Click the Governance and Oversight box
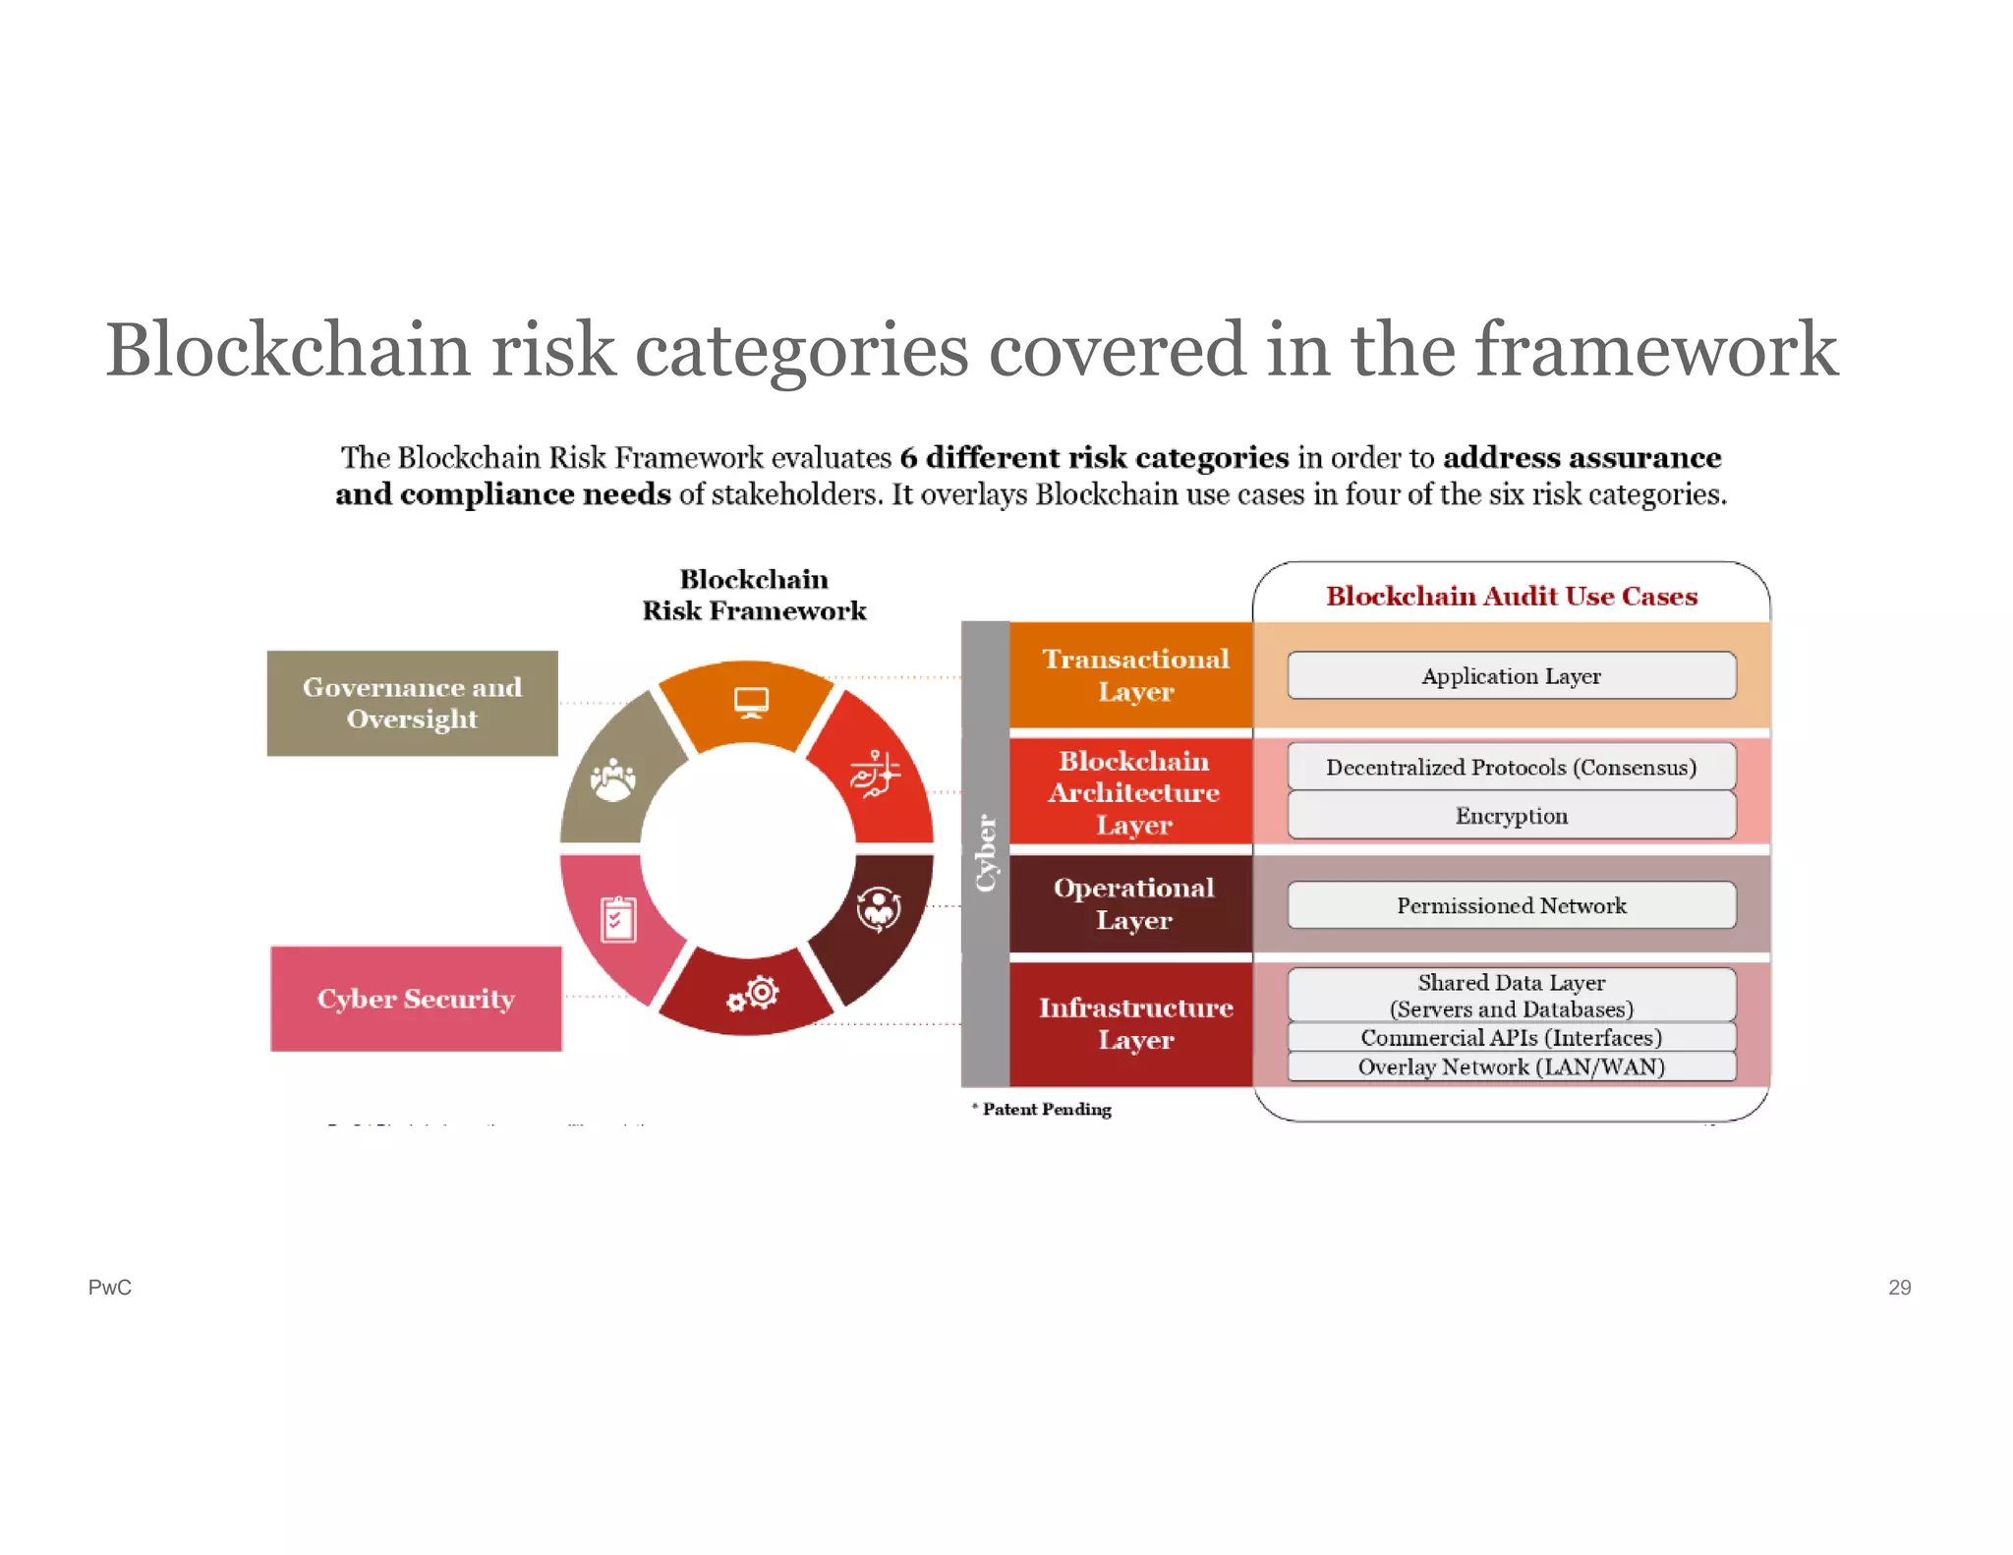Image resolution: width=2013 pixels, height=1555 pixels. click(x=412, y=703)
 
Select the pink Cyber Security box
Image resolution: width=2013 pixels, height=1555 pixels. click(x=416, y=999)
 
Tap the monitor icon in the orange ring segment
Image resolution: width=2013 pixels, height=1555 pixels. click(x=751, y=702)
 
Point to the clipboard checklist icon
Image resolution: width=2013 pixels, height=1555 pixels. click(x=618, y=920)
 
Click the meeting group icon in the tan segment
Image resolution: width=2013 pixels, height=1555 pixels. click(x=612, y=780)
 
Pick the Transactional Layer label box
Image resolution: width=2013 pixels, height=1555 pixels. click(x=1134, y=675)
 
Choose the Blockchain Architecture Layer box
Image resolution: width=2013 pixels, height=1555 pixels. click(x=1133, y=792)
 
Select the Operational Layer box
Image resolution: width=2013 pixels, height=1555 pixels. click(x=1133, y=903)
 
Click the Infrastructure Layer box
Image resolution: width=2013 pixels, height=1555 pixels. click(x=1134, y=1023)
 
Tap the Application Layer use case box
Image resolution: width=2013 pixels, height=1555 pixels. click(x=1511, y=676)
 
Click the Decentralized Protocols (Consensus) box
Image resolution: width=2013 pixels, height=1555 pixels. click(x=1511, y=767)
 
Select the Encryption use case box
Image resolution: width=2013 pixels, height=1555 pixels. click(x=1511, y=816)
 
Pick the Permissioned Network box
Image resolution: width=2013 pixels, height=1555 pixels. click(x=1511, y=905)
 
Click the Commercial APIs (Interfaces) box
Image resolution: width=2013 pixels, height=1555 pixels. click(x=1511, y=1038)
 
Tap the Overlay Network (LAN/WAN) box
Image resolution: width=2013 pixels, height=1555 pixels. click(x=1511, y=1066)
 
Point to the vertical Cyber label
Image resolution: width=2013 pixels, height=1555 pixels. click(x=985, y=853)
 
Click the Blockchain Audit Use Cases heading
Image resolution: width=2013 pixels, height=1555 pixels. click(x=1511, y=596)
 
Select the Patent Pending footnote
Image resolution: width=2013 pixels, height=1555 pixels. click(x=1046, y=1109)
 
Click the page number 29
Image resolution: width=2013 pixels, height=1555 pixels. click(x=1899, y=1287)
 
